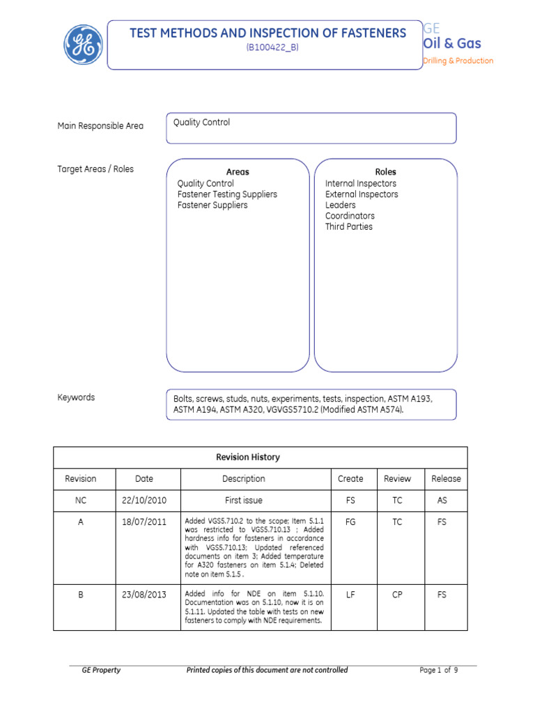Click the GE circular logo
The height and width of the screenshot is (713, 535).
84,45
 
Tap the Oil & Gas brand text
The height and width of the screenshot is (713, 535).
452,44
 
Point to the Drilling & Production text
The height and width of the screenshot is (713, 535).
458,61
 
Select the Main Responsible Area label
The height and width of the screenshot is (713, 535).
100,126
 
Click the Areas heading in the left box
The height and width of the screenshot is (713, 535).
238,172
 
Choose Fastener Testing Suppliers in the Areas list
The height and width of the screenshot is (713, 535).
227,194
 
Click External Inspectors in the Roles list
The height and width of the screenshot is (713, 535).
362,194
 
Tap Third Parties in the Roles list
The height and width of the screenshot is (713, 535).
349,226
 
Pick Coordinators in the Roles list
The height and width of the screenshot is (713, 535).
350,216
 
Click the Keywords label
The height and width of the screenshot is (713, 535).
76,398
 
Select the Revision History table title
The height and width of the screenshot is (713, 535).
248,457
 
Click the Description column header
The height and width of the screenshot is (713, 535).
244,479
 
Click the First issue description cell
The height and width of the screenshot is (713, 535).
244,501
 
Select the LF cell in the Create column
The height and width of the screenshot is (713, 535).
350,595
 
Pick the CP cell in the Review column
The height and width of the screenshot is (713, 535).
397,595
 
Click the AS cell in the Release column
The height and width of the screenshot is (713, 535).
442,501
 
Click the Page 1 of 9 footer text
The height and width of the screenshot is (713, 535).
439,671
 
